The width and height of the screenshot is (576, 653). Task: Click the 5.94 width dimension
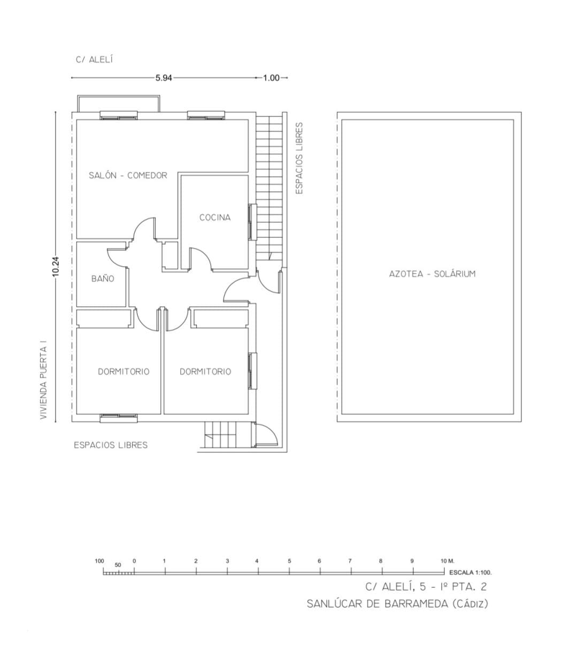164,78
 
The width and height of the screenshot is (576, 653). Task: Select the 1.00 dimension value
271,78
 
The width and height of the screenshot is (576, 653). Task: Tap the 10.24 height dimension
56,267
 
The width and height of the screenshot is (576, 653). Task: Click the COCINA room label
215,217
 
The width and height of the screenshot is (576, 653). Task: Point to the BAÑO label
103,278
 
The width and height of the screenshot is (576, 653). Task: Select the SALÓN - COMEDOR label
128,175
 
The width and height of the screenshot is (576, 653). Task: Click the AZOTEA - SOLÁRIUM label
432,274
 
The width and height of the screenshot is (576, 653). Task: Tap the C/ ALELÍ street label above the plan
94,60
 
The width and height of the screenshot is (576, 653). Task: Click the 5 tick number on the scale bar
289,561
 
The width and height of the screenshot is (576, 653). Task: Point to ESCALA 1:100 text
471,573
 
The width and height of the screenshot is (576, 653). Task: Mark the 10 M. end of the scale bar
447,561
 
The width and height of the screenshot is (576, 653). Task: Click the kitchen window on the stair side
252,222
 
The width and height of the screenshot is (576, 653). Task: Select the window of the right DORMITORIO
252,371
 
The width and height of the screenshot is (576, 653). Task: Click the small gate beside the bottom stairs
266,435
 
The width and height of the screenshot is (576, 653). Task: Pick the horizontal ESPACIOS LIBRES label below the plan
111,445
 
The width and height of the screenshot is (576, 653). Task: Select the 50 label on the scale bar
118,565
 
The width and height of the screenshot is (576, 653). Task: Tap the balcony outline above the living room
118,96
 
